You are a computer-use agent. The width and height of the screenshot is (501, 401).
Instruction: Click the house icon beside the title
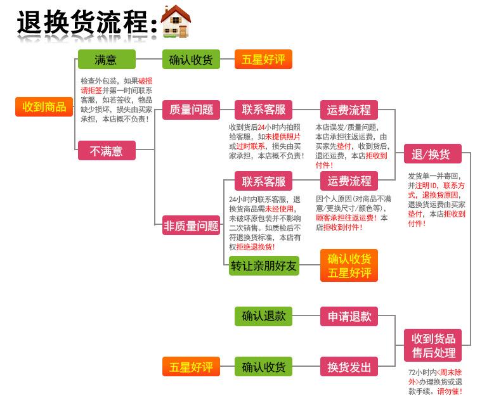(x=176, y=22)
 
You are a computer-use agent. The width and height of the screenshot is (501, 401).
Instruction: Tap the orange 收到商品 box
(x=44, y=106)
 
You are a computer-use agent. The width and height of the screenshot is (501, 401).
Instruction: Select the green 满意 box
(x=106, y=60)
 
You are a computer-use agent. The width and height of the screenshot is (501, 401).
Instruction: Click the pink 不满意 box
(x=106, y=151)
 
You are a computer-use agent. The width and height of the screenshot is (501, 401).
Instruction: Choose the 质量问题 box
(x=192, y=110)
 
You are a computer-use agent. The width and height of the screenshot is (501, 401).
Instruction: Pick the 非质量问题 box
(x=192, y=226)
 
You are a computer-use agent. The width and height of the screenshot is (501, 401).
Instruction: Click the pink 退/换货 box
(x=431, y=154)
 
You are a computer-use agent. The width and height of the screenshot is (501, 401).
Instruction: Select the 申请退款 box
(x=349, y=316)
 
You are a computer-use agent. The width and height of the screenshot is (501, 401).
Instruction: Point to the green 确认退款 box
(x=264, y=316)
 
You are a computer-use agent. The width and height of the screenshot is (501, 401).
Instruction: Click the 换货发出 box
(x=349, y=367)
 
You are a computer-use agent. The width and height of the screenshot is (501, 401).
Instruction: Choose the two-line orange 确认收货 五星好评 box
(x=349, y=265)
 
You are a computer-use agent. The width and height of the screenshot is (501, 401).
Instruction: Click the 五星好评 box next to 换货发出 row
(x=191, y=367)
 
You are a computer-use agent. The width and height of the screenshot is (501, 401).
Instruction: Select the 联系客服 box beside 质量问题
(x=264, y=110)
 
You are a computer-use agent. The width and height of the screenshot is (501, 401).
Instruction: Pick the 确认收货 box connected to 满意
(x=191, y=60)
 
